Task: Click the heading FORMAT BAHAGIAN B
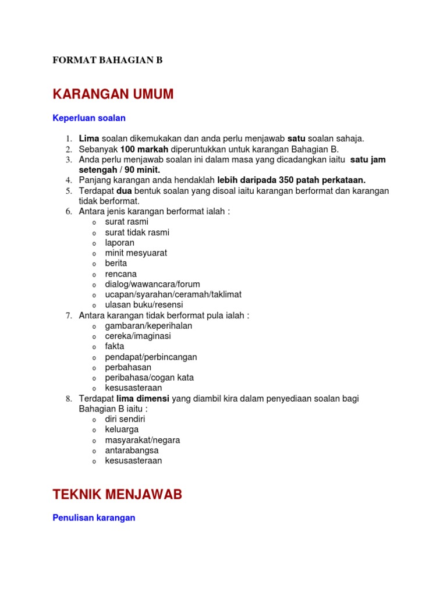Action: click(108, 60)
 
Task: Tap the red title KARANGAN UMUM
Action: click(113, 94)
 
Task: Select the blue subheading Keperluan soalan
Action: click(89, 118)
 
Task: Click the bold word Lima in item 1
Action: click(89, 139)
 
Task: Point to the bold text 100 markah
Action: click(144, 149)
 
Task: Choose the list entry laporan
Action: click(119, 243)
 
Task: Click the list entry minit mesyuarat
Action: click(136, 253)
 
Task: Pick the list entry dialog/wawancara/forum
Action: click(152, 284)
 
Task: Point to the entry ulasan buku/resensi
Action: click(144, 305)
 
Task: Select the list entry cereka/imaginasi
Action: click(138, 336)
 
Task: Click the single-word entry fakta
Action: click(115, 346)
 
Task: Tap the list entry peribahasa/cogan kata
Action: click(149, 377)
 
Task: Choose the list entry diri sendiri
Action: click(125, 419)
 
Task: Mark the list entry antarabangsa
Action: click(132, 450)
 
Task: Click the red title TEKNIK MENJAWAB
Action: click(117, 495)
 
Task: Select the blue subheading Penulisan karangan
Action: click(94, 517)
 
